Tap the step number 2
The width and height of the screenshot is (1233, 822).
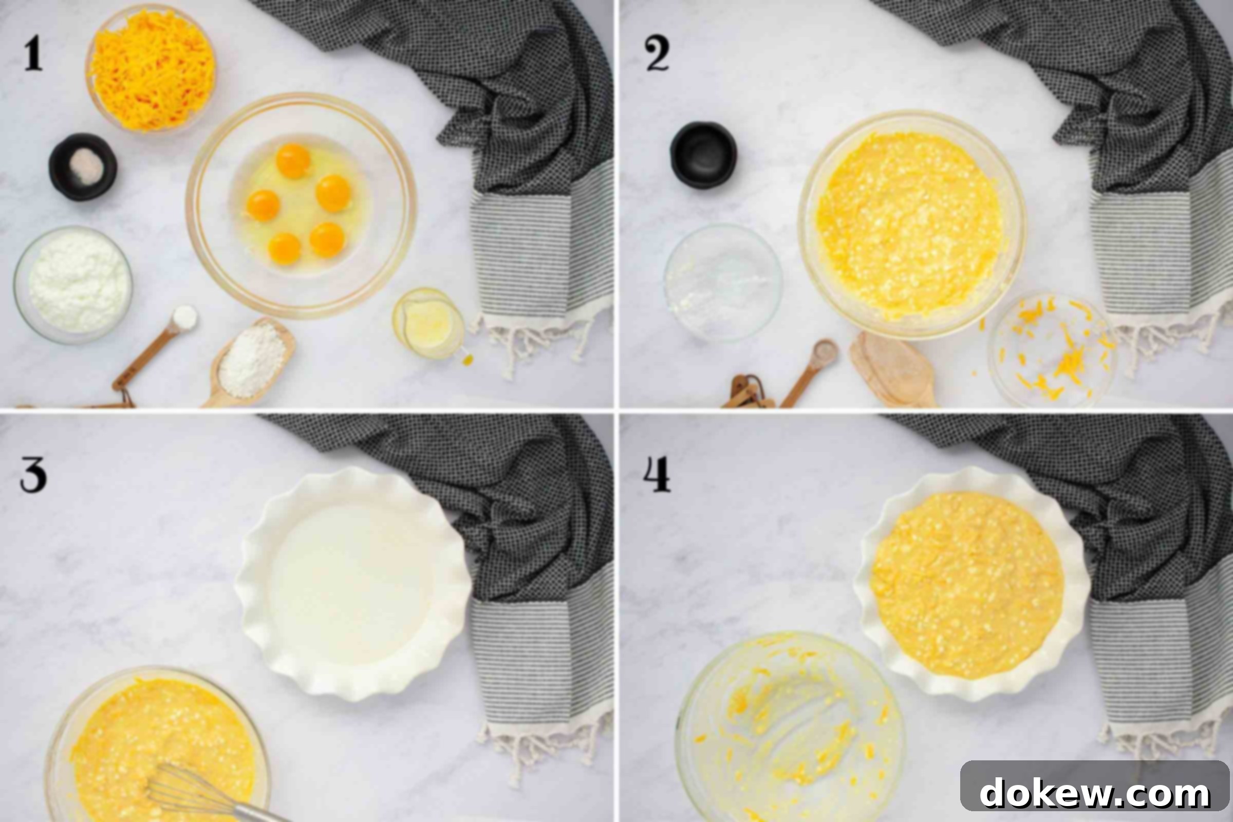(657, 54)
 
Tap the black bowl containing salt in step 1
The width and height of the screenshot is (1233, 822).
(83, 166)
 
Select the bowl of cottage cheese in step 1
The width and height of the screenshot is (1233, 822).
(73, 284)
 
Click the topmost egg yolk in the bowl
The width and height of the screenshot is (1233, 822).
(293, 160)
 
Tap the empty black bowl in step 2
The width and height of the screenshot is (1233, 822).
(703, 155)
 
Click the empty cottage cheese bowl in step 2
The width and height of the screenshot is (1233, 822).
(723, 283)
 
